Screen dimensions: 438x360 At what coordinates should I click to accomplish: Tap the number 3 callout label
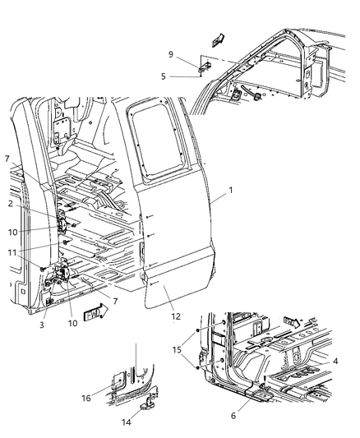pos(41,325)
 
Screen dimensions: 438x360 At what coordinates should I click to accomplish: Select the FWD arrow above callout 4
pos(291,321)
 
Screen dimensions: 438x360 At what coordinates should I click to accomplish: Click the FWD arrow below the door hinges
pos(96,312)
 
